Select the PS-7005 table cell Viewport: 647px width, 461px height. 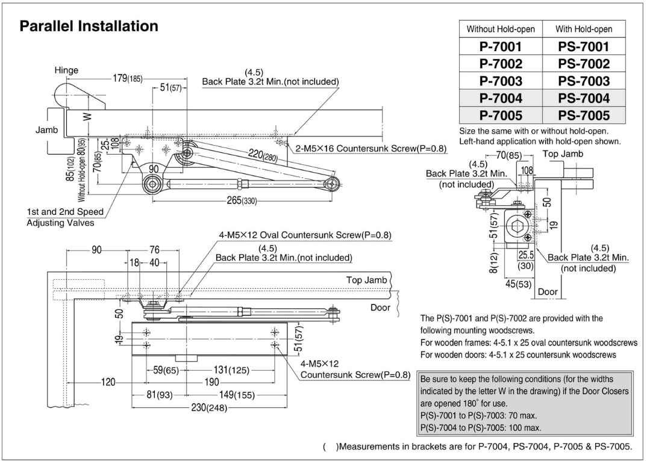click(584, 114)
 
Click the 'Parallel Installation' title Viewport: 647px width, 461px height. click(89, 27)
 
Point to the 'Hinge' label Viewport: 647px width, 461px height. click(66, 70)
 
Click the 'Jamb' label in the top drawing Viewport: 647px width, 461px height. click(39, 130)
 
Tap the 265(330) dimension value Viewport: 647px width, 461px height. click(239, 200)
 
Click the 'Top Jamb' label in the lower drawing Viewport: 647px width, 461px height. click(366, 280)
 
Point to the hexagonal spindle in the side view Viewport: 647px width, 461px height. click(519, 227)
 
